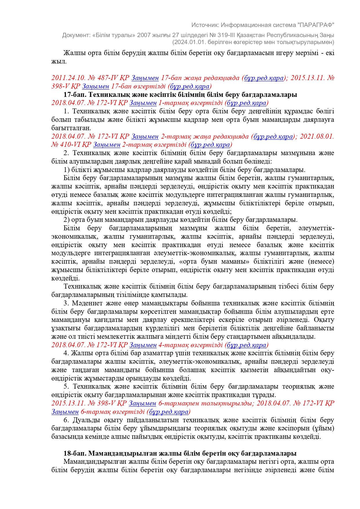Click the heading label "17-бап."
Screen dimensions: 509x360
tap(75, 95)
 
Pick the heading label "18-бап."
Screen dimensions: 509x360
tap(75, 453)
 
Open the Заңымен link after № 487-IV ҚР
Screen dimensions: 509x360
tap(145, 78)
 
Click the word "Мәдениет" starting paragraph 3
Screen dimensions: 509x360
tap(85, 303)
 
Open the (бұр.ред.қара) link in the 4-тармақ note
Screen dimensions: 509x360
tap(246, 345)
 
